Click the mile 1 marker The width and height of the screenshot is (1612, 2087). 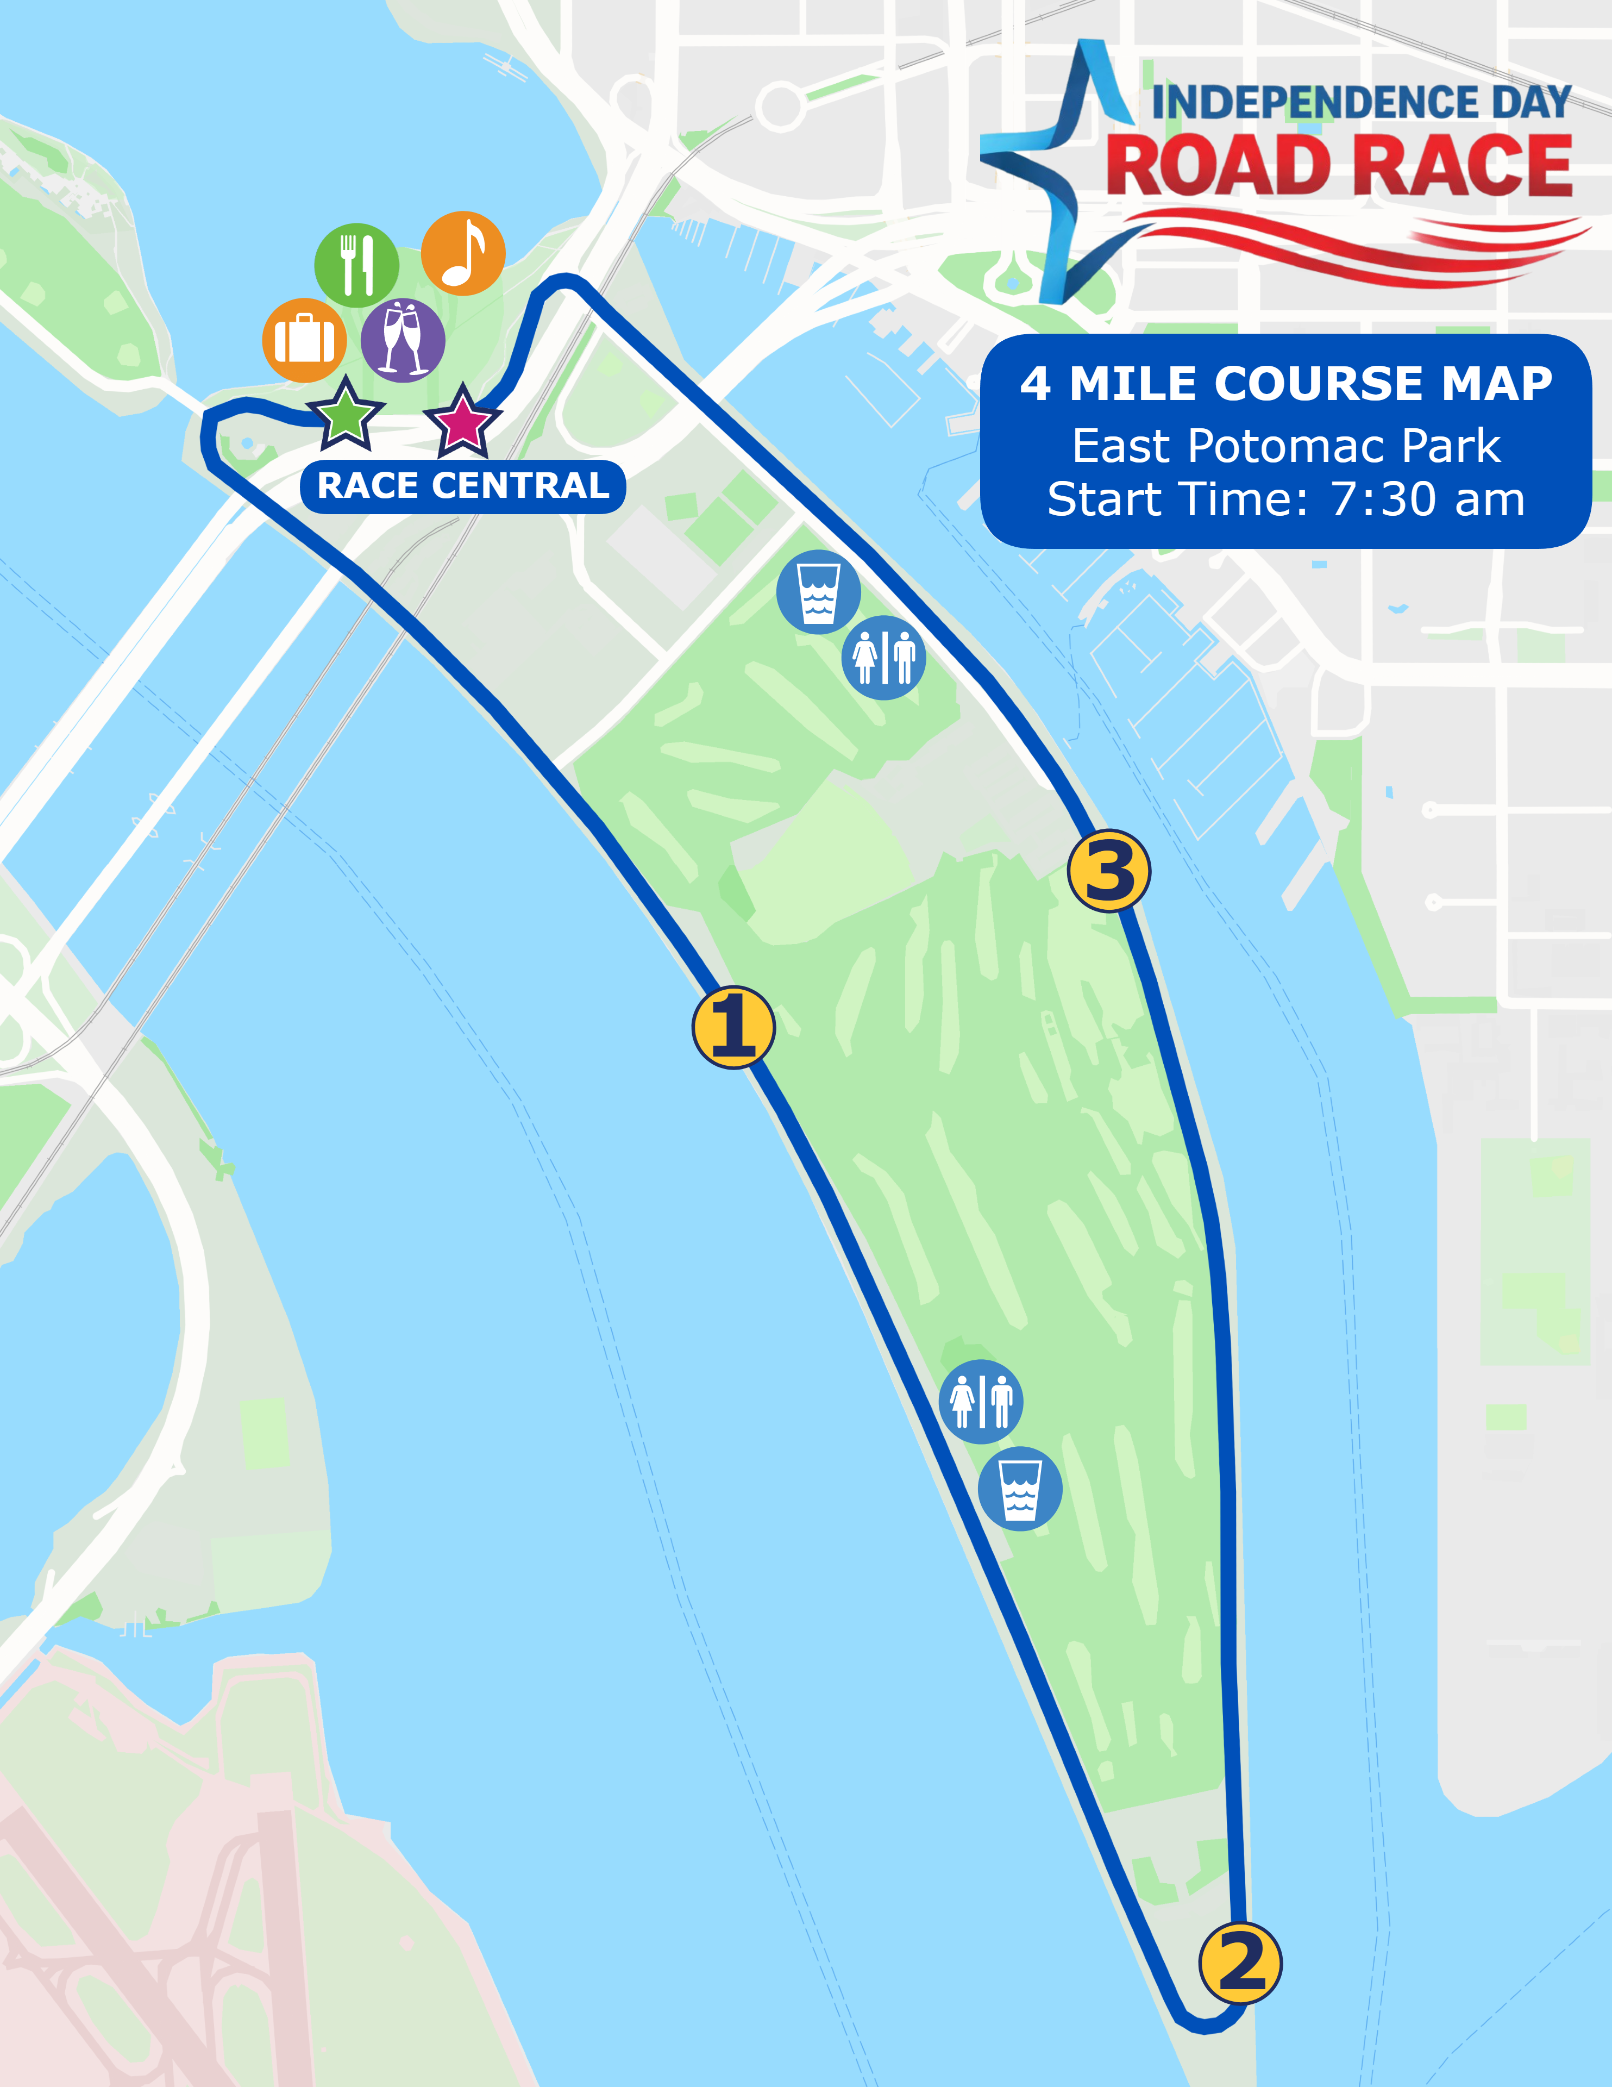pyautogui.click(x=733, y=1027)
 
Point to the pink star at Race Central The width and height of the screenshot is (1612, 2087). pyautogui.click(x=462, y=421)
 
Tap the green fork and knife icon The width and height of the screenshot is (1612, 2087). pyautogui.click(x=356, y=265)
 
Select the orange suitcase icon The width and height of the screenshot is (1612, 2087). pyautogui.click(x=304, y=340)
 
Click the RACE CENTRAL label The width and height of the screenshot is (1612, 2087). pyautogui.click(x=462, y=486)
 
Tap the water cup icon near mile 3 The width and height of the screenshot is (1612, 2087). pyautogui.click(x=818, y=591)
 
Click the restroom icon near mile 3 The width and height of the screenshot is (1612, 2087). pyautogui.click(x=883, y=658)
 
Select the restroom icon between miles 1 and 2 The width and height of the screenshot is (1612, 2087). pyautogui.click(x=980, y=1401)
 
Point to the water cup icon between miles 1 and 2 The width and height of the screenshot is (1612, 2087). pyautogui.click(x=1020, y=1489)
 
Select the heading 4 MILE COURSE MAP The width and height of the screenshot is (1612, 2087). pyautogui.click(x=1285, y=384)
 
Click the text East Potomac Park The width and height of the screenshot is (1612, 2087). pyautogui.click(x=1285, y=446)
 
